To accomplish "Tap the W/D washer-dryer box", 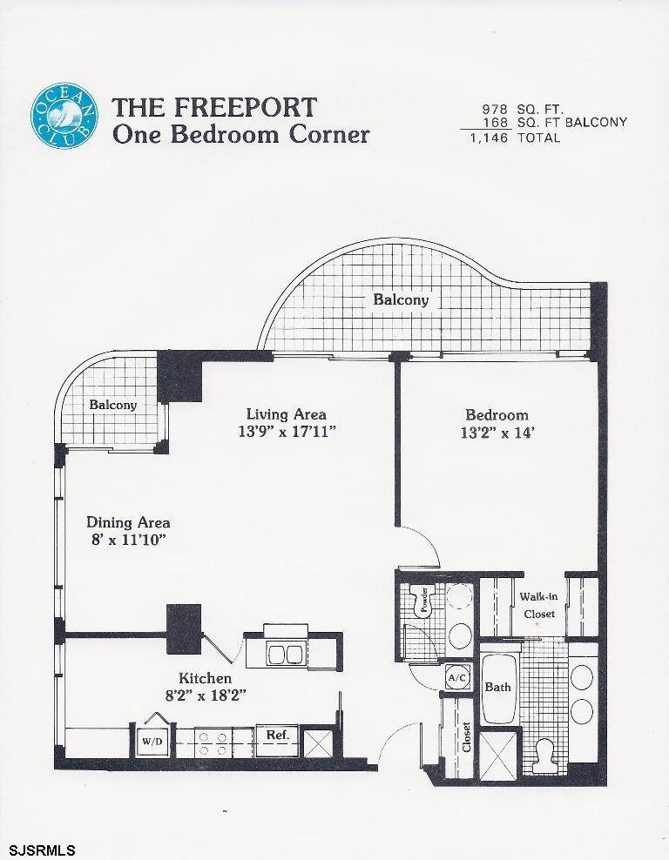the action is pos(153,741).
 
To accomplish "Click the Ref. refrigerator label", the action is pos(278,735).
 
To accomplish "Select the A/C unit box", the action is pos(457,677).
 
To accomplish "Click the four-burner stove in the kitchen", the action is pos(213,743).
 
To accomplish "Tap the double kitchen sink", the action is pos(284,653).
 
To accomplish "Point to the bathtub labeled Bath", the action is pos(499,688).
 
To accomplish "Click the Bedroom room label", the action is pos(497,414).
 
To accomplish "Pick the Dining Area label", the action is pos(128,522).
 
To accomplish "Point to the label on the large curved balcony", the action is pos(401,299).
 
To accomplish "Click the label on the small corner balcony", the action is pos(113,405).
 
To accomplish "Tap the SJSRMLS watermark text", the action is pos(38,850).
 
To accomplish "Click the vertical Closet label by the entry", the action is pos(467,736).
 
